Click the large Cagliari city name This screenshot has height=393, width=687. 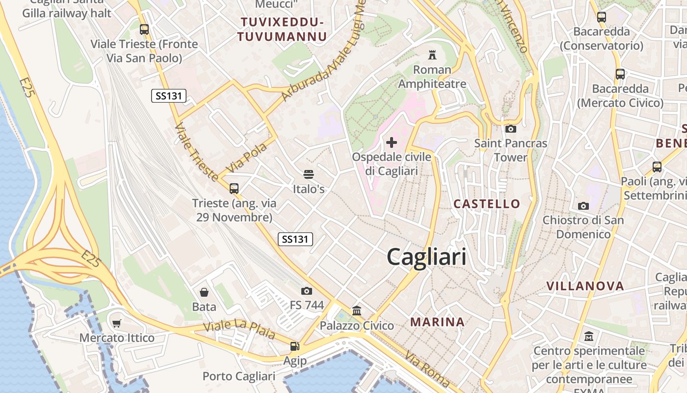[426, 257]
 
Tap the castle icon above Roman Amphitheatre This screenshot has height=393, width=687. [432, 54]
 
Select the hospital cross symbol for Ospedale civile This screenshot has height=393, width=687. [392, 142]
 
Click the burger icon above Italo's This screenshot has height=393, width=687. [309, 174]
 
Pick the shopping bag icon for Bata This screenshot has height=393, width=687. [204, 292]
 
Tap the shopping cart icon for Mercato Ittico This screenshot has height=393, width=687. [117, 324]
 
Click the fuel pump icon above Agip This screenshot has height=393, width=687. [294, 346]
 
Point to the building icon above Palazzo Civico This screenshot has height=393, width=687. [357, 311]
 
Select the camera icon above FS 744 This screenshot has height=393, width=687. [307, 291]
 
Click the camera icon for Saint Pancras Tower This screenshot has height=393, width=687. [510, 129]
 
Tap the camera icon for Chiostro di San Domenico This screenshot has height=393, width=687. [583, 205]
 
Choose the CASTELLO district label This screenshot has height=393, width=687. [486, 203]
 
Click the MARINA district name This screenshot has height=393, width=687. [437, 322]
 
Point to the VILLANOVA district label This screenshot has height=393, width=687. [585, 286]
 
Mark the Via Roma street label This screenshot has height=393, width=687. [426, 369]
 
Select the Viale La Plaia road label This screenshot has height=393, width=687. [239, 330]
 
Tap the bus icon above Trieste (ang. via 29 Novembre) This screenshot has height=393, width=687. [234, 188]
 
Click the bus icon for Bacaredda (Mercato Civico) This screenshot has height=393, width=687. [620, 74]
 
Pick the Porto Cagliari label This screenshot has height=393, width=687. [239, 376]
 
